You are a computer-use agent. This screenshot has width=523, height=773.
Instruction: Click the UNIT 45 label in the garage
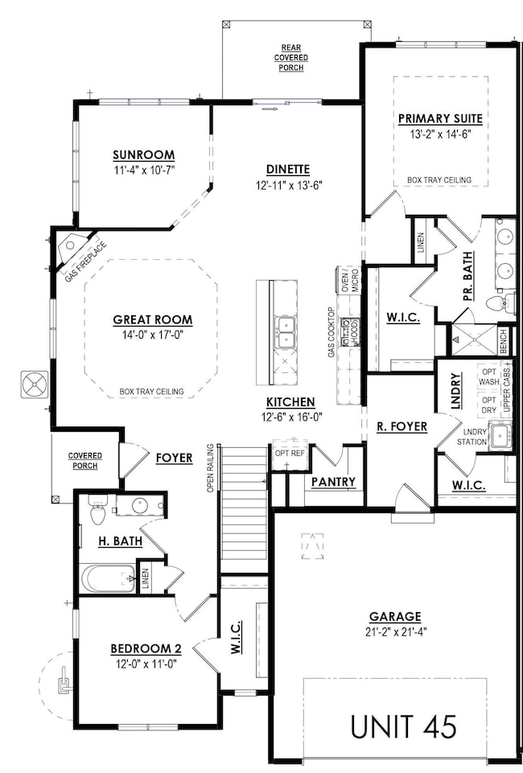click(403, 726)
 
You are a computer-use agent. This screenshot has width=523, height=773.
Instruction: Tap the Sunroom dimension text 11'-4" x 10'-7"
click(144, 170)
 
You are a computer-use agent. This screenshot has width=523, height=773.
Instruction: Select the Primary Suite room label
click(440, 119)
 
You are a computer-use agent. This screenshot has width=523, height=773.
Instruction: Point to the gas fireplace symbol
click(76, 246)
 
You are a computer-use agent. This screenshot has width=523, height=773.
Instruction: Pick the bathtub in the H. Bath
click(108, 578)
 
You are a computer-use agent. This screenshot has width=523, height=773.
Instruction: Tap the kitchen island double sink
click(284, 332)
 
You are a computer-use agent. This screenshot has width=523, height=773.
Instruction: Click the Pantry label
click(332, 481)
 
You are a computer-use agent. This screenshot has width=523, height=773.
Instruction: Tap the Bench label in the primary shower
click(504, 335)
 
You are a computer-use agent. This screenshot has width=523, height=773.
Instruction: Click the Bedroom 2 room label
click(143, 649)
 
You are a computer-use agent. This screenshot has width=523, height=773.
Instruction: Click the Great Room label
click(152, 319)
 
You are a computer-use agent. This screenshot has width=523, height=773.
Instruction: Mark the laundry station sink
click(500, 437)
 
